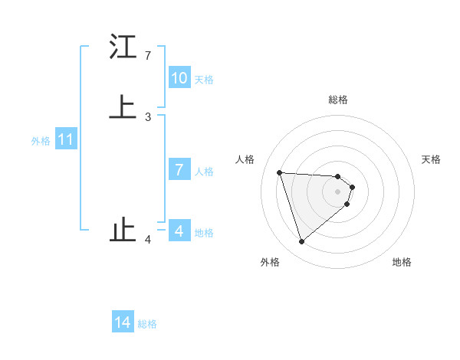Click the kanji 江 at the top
point(123,47)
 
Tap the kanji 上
point(123,106)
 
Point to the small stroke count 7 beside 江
point(148,56)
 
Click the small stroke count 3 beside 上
point(148,116)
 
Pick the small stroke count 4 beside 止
point(148,240)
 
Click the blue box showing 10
point(179,78)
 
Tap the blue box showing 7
point(179,170)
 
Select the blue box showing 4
point(179,231)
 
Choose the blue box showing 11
point(66,140)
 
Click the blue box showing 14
point(123,322)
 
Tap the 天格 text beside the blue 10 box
point(204,80)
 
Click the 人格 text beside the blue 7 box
point(204,172)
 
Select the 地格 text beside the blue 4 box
point(204,233)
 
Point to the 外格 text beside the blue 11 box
point(41,141)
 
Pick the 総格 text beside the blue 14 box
point(147,324)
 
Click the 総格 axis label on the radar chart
point(338,100)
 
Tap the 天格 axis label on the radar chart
point(432,159)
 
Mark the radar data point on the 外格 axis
point(302,242)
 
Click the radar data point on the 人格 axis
point(280,172)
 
